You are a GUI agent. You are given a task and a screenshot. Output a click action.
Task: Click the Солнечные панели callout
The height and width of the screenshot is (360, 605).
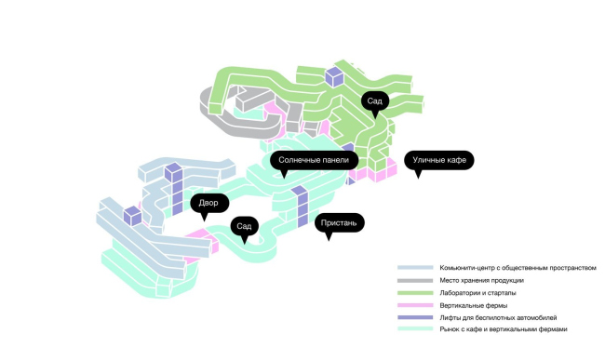tap(314, 160)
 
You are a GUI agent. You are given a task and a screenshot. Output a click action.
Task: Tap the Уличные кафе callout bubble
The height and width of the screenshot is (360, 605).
tap(439, 160)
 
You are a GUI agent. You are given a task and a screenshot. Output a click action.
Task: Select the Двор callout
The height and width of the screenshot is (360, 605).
tap(209, 203)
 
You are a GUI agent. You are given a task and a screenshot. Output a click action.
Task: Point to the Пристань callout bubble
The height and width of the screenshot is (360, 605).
tap(339, 222)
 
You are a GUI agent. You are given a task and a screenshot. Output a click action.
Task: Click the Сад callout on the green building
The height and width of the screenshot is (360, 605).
tap(375, 101)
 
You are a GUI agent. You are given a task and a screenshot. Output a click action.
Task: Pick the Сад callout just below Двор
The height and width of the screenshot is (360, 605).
tap(244, 226)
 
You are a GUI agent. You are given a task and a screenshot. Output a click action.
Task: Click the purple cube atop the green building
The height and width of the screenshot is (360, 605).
tap(334, 76)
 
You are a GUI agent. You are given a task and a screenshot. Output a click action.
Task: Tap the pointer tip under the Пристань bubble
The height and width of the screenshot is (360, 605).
tap(329, 241)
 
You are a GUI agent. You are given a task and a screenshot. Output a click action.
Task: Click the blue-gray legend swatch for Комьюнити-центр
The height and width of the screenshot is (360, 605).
tap(415, 268)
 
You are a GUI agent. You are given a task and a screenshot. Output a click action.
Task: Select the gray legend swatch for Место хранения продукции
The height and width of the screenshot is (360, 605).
tap(415, 281)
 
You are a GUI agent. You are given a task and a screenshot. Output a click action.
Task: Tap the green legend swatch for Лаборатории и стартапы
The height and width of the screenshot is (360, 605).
tap(415, 293)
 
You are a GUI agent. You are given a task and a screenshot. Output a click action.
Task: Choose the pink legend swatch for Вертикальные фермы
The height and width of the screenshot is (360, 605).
tap(415, 305)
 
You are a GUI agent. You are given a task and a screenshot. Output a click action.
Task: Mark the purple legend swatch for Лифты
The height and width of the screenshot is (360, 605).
tap(415, 317)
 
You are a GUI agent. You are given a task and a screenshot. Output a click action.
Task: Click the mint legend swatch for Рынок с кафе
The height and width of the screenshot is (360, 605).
tap(415, 328)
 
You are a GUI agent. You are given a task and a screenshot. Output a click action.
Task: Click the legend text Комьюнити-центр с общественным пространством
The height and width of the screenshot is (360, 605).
tap(518, 268)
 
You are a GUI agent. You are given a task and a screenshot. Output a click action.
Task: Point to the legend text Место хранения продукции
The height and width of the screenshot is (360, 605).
tap(481, 281)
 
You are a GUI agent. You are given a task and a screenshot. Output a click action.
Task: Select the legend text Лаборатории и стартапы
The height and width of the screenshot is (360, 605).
tap(477, 293)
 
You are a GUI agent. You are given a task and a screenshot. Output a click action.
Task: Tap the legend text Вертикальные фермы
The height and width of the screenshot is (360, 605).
tap(474, 305)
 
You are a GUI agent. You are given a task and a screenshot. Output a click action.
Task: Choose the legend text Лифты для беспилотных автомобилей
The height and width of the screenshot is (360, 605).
tap(498, 317)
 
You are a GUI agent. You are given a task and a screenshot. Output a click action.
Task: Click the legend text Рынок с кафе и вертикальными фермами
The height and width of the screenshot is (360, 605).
tap(504, 329)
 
